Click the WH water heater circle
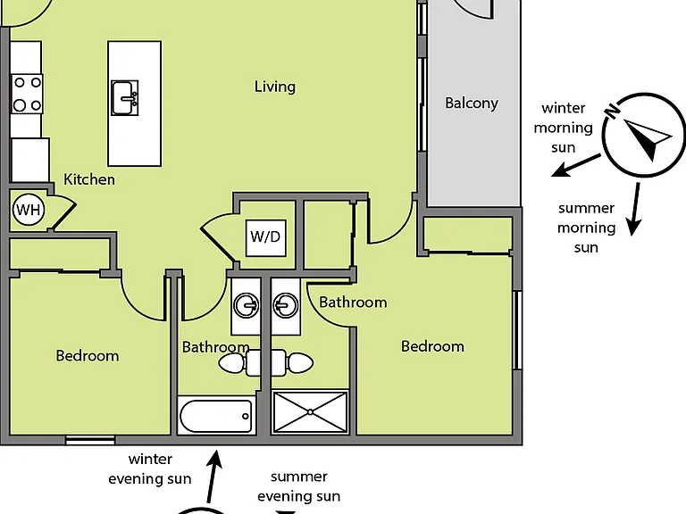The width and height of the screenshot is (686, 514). click(x=29, y=210)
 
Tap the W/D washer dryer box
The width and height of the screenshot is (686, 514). click(x=266, y=237)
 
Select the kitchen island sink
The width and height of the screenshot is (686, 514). click(x=125, y=98)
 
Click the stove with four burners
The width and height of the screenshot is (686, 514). click(x=27, y=94)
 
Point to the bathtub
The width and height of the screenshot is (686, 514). click(x=216, y=416)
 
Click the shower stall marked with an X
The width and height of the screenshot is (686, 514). click(x=310, y=412)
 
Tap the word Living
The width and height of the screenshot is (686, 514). click(x=275, y=87)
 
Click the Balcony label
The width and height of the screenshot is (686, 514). click(x=472, y=104)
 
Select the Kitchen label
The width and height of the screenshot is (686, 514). click(x=89, y=179)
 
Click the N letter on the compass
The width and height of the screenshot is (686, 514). click(x=612, y=111)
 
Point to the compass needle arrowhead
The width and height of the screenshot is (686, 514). click(x=648, y=137)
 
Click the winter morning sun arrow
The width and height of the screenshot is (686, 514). click(x=576, y=165)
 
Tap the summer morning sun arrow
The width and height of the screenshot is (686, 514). click(x=635, y=209)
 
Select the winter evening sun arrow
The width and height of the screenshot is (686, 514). click(x=213, y=477)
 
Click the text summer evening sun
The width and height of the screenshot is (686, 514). click(x=299, y=486)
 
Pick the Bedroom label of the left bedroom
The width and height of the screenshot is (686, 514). click(x=88, y=356)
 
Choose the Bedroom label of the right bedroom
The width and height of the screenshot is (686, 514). click(x=432, y=346)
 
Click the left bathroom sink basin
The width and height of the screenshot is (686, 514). click(x=247, y=305)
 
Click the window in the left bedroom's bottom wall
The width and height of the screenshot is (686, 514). click(x=90, y=440)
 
